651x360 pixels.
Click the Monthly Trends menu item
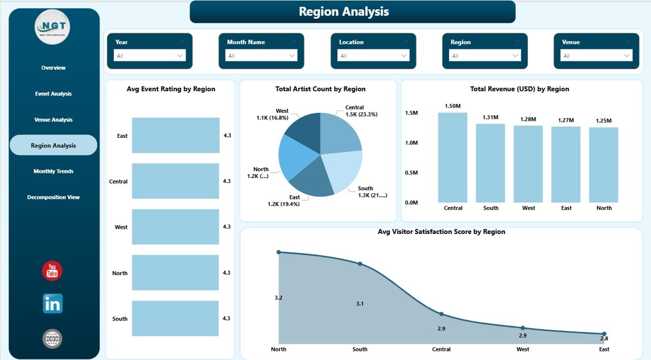click(x=53, y=171)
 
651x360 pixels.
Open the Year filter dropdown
click(x=150, y=55)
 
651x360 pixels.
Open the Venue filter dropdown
click(x=597, y=55)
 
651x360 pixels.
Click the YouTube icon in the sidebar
click(x=52, y=271)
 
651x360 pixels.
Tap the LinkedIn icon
click(x=52, y=304)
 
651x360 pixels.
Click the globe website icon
click(x=52, y=339)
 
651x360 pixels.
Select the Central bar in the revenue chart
click(x=453, y=158)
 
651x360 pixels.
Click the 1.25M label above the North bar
click(x=604, y=121)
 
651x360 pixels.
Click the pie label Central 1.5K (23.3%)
click(x=361, y=111)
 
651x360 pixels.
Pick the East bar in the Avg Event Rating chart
click(x=175, y=135)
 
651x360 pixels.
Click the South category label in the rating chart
click(x=120, y=319)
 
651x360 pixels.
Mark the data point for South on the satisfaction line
click(x=360, y=264)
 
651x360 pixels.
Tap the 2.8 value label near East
click(x=604, y=339)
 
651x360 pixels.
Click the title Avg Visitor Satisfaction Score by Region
click(x=441, y=232)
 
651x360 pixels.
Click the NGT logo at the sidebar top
click(x=52, y=27)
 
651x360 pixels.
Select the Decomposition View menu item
click(x=53, y=197)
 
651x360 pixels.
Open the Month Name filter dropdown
click(x=261, y=55)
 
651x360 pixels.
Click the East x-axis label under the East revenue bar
click(x=566, y=208)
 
